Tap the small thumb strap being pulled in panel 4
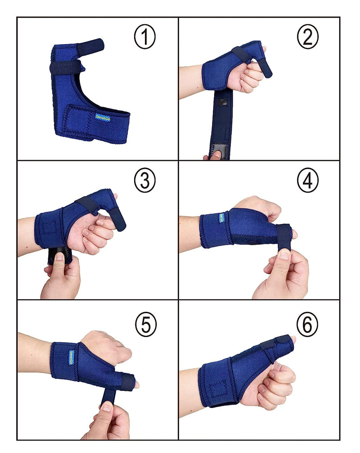[283, 236]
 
